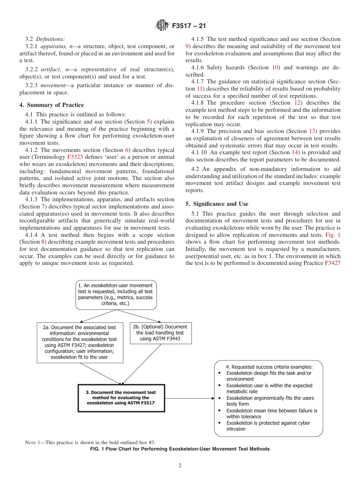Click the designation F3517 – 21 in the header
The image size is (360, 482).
[188, 26]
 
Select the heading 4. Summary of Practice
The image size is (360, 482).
[52, 105]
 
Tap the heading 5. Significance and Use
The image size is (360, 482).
[217, 204]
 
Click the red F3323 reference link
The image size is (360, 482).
[75, 157]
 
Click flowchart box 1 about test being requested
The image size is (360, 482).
[116, 294]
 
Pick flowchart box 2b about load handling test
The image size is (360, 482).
[160, 333]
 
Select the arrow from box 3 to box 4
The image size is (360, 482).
[189, 398]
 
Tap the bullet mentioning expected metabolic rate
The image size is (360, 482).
[269, 388]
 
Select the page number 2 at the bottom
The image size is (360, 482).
[180, 466]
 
